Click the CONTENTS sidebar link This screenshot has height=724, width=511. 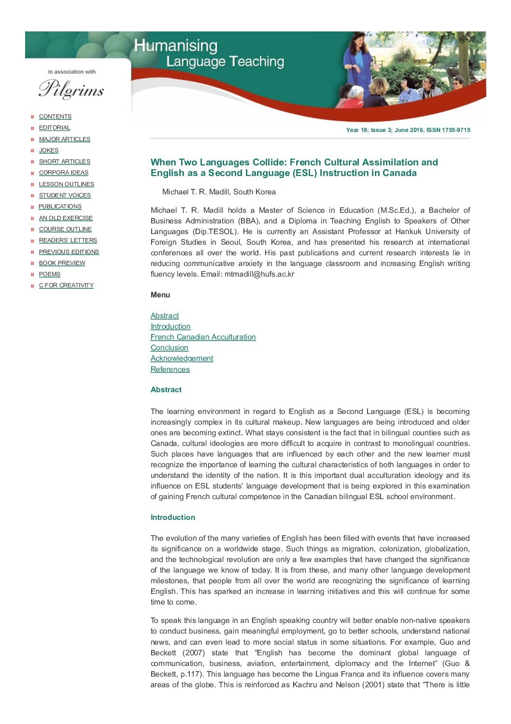pyautogui.click(x=55, y=117)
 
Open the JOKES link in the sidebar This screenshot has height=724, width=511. pyautogui.click(x=48, y=150)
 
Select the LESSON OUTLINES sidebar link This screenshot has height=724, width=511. pyautogui.click(x=66, y=184)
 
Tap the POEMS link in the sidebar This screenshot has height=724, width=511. pyautogui.click(x=49, y=274)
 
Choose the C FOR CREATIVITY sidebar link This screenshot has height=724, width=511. pyautogui.click(x=66, y=285)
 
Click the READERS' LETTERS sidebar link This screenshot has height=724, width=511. pyautogui.click(x=68, y=240)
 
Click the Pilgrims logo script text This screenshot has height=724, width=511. pyautogui.click(x=71, y=89)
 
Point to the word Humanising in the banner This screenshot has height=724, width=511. pyautogui.click(x=176, y=46)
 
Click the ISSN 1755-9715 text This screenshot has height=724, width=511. pyautogui.click(x=448, y=130)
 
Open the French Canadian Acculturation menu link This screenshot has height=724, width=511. pyautogui.click(x=203, y=337)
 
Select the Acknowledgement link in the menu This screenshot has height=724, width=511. pyautogui.click(x=182, y=358)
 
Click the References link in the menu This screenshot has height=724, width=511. pyautogui.click(x=170, y=369)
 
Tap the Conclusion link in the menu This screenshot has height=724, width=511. pyautogui.click(x=169, y=348)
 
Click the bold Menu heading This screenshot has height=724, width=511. pyautogui.click(x=160, y=295)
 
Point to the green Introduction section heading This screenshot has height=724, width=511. pyautogui.click(x=172, y=517)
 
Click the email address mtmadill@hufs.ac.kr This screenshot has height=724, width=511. pyautogui.click(x=259, y=274)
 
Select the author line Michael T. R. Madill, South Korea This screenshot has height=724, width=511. pyautogui.click(x=219, y=192)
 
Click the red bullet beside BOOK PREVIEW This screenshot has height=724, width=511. pyautogui.click(x=32, y=264)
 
